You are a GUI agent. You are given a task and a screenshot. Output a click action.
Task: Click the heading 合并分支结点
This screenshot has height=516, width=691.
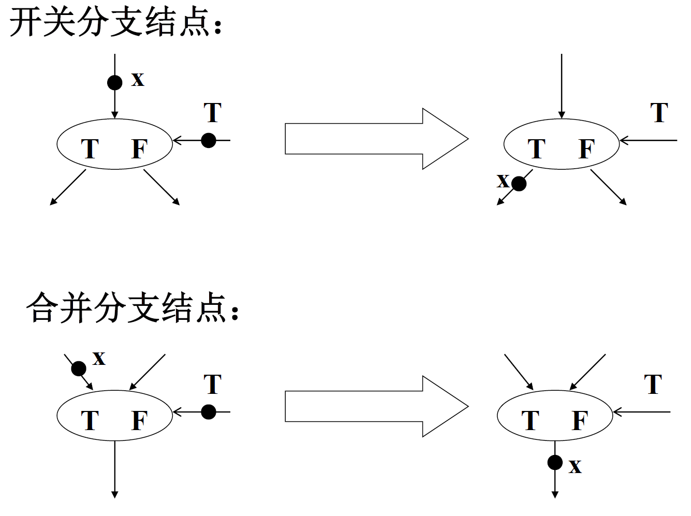[x=131, y=308]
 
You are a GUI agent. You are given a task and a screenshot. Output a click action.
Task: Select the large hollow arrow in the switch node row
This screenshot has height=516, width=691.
[x=376, y=139]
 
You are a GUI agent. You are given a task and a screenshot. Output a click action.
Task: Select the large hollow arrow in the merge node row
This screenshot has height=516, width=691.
[x=376, y=406]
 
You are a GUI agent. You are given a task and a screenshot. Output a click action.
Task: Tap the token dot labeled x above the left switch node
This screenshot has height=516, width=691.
[x=114, y=82]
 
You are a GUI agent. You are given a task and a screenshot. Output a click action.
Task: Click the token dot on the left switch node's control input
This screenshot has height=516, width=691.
[x=209, y=140]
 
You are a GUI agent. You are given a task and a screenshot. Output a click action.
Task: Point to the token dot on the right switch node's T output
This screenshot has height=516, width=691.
[x=519, y=183]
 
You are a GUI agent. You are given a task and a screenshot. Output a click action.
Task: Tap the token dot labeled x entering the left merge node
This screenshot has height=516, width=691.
[x=79, y=368]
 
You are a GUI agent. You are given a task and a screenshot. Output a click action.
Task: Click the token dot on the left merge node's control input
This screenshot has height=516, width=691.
[x=209, y=412]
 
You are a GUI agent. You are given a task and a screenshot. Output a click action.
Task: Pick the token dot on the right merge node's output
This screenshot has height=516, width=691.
[x=555, y=462]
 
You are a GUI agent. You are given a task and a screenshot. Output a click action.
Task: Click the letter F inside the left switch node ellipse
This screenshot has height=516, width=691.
[x=139, y=149]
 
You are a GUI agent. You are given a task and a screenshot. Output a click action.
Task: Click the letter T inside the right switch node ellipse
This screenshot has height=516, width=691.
[x=537, y=149]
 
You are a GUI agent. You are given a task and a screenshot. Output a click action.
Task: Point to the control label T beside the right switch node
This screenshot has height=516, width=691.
[x=659, y=113]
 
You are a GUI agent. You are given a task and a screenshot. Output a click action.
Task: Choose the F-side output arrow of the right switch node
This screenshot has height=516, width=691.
[x=609, y=187]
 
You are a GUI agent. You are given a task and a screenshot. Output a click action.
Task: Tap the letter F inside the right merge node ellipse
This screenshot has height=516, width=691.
[x=580, y=421]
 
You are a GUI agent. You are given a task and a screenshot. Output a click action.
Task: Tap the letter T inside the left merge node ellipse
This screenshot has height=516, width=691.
[x=90, y=421]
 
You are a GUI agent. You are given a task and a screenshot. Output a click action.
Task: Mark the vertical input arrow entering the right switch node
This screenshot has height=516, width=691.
[x=562, y=85]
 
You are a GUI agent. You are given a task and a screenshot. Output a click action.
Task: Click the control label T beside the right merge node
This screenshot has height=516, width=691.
[x=653, y=385]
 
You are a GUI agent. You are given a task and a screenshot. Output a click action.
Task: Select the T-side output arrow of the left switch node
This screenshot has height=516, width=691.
[x=68, y=187]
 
